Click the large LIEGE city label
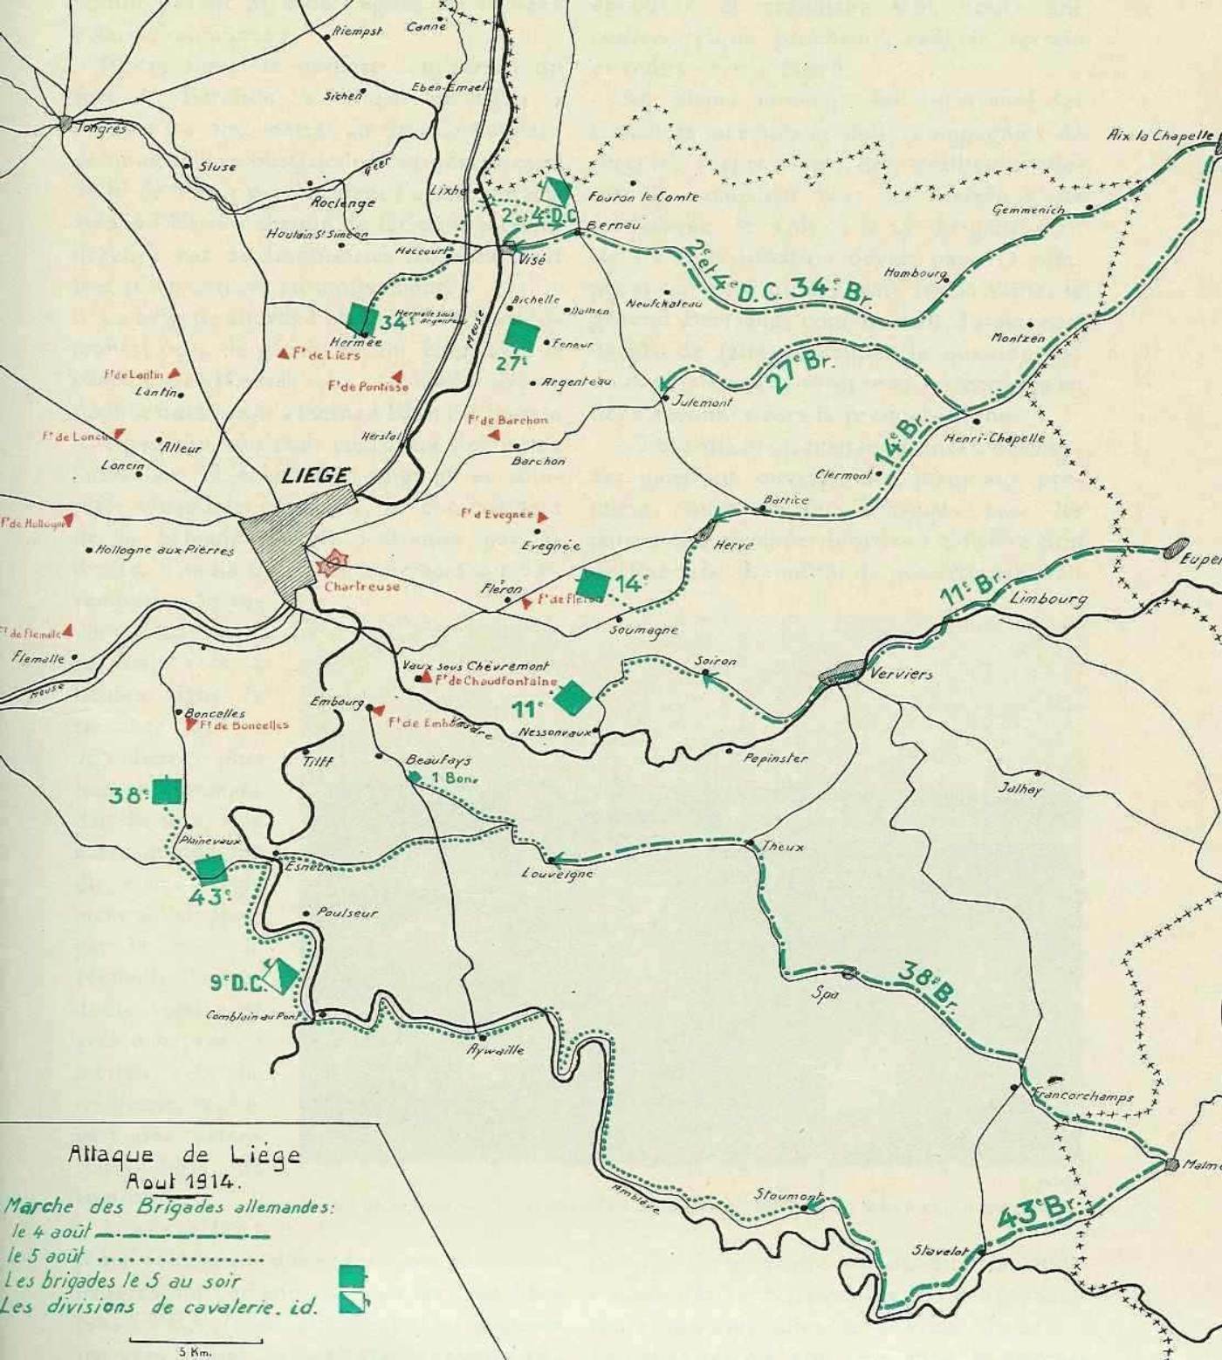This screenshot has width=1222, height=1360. click(x=315, y=476)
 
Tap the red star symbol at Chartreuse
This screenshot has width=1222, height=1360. click(x=331, y=565)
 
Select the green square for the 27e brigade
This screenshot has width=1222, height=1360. click(x=522, y=335)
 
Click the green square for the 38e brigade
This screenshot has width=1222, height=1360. click(x=167, y=791)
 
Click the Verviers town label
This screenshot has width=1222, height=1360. click(x=901, y=674)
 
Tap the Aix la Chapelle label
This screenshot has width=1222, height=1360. click(x=1159, y=135)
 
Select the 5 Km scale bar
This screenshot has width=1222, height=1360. click(x=196, y=1340)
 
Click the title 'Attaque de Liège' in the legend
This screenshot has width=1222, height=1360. click(x=184, y=1155)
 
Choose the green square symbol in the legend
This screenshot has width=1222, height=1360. click(x=352, y=1276)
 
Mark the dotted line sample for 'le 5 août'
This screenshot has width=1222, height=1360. click(x=181, y=1259)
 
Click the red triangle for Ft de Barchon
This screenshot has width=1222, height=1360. click(x=494, y=434)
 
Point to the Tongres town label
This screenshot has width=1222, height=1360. click(x=101, y=128)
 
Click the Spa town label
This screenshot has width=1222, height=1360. click(x=825, y=993)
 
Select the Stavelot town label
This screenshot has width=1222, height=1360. click(x=939, y=1251)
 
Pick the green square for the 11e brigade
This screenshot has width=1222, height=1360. click(x=573, y=697)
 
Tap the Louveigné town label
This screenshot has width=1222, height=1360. click(x=557, y=873)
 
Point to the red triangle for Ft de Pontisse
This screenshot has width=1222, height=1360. click(x=397, y=376)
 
